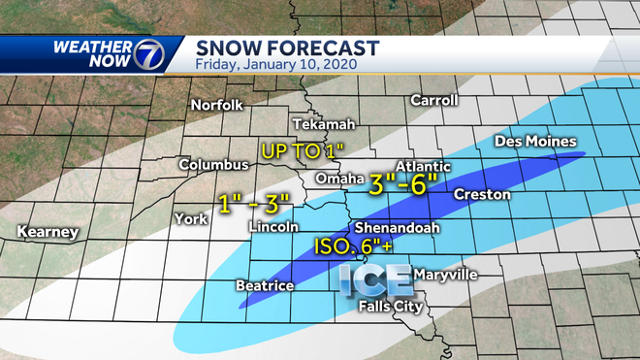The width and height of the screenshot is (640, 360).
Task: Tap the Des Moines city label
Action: (535, 142)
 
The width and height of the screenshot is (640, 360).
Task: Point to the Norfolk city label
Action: (216, 105)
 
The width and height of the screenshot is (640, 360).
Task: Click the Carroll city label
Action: (433, 100)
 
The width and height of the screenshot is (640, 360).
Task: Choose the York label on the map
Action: (190, 218)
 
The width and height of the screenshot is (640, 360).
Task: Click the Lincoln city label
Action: (273, 227)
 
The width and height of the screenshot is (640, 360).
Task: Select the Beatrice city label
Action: (265, 285)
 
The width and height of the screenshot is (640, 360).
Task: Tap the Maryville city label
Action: (445, 276)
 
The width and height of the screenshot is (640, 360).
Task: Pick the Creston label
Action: (481, 194)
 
